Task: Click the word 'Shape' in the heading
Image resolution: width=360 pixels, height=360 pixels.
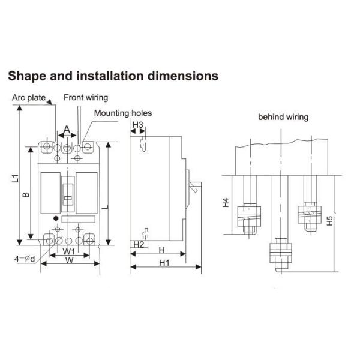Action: tap(27, 76)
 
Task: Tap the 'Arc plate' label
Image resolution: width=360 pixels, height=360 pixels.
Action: tap(29, 98)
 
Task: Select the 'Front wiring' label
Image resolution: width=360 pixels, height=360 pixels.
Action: tap(86, 98)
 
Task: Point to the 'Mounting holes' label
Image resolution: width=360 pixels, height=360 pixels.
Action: tap(123, 113)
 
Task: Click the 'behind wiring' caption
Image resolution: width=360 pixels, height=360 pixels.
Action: tap(283, 117)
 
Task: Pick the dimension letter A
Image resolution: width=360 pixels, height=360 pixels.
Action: tap(67, 130)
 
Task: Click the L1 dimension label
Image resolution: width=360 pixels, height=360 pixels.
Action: tap(15, 178)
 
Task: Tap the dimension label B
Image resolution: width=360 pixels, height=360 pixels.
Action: tap(26, 194)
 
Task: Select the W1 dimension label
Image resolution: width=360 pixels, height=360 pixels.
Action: tap(69, 251)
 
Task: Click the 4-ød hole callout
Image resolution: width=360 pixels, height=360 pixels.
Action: tap(25, 259)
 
